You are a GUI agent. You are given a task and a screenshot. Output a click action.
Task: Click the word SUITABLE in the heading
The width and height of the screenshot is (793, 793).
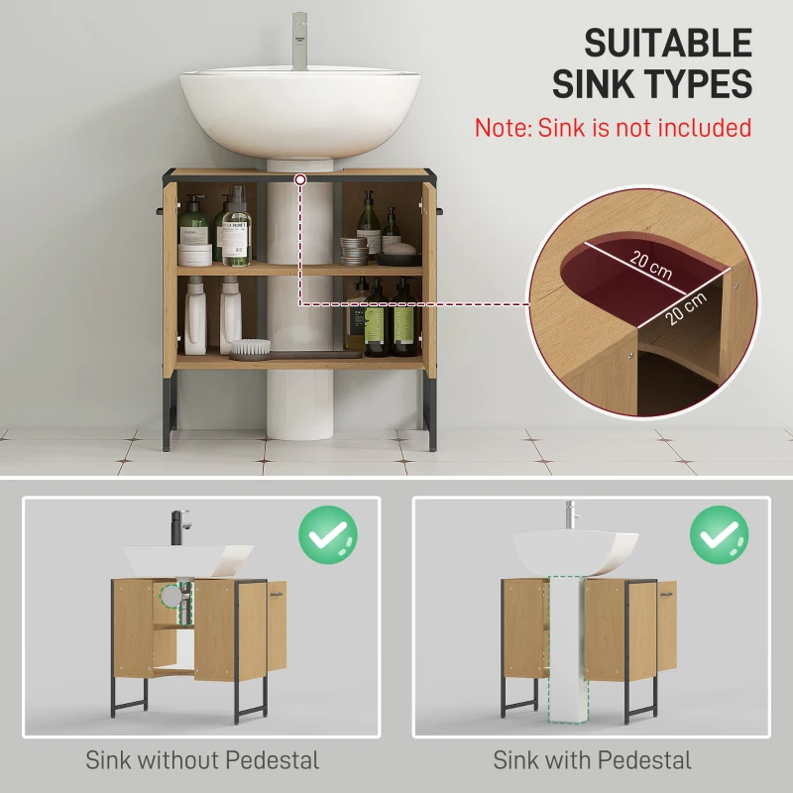pos(667,44)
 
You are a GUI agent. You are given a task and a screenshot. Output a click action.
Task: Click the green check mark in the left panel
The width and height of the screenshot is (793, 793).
pos(328,535)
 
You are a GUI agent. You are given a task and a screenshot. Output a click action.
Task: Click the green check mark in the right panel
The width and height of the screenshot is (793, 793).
pos(719,535)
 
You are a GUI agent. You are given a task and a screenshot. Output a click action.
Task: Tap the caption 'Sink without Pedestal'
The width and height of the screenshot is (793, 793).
pos(202,760)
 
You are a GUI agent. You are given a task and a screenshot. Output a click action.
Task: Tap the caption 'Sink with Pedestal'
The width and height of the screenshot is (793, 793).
pos(592,760)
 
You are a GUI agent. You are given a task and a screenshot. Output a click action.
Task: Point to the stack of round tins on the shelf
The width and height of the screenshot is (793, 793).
pos(355,249)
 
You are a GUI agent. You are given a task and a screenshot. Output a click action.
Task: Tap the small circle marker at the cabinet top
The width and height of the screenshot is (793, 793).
pos(298,178)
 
